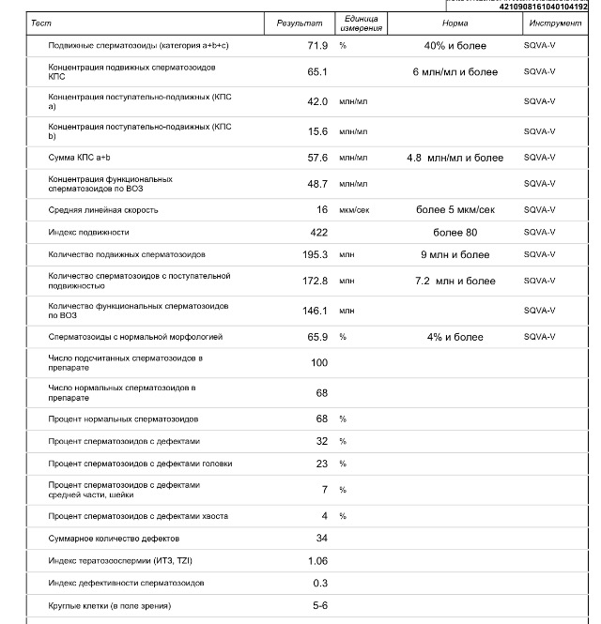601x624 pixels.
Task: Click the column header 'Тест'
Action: coord(39,23)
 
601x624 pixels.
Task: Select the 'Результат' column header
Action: coord(300,23)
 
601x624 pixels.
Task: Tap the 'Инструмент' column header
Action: coord(555,23)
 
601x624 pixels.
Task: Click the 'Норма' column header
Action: coord(455,23)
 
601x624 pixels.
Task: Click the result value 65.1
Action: coord(317,72)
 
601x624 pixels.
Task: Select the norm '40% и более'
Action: coord(455,46)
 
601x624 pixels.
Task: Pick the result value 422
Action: coord(319,232)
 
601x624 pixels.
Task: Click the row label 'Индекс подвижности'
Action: coord(89,232)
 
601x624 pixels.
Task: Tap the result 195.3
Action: coord(316,254)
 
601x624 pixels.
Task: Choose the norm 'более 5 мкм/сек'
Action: coord(455,210)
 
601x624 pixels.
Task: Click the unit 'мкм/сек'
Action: coord(355,210)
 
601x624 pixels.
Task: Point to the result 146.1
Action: coord(316,311)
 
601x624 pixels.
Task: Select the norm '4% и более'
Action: coord(455,337)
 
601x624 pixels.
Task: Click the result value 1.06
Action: coord(317,561)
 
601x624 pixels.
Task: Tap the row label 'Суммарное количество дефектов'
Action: coord(114,539)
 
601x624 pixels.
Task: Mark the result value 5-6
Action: coord(320,606)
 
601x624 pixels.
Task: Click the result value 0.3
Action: coord(321,584)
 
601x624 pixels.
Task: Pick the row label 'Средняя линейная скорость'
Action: coord(103,210)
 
